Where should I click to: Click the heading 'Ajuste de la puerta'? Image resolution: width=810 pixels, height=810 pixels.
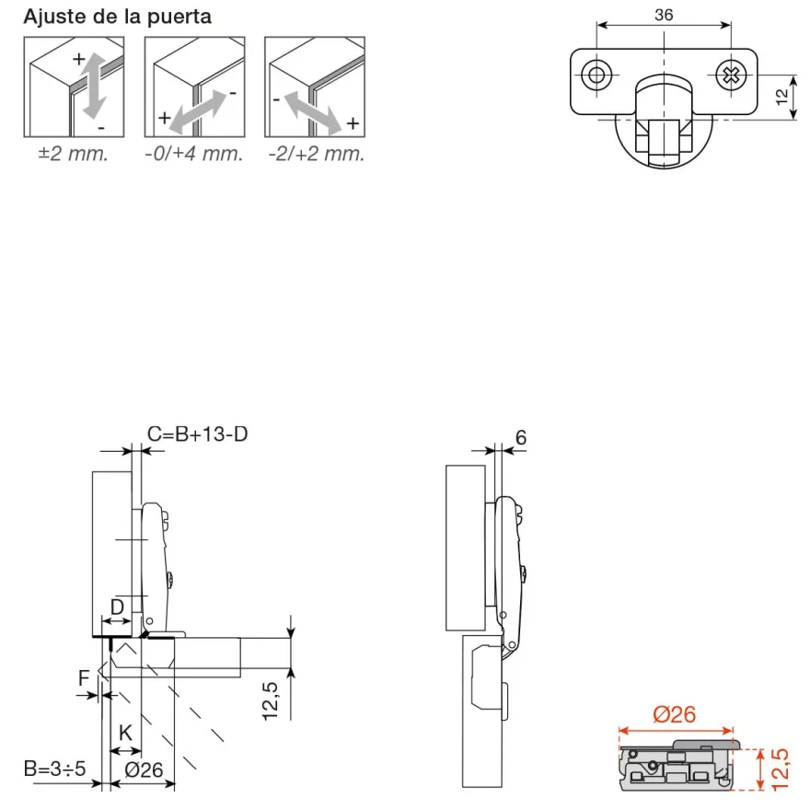[x=117, y=17]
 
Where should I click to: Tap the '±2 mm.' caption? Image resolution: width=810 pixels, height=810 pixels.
[x=74, y=154]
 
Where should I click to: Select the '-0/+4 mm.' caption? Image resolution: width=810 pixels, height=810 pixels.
[x=194, y=154]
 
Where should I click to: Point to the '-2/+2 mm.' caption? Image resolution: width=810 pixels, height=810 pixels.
[x=317, y=154]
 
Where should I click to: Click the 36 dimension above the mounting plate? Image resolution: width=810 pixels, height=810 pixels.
[x=664, y=15]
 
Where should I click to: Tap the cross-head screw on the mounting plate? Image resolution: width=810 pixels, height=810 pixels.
[x=731, y=75]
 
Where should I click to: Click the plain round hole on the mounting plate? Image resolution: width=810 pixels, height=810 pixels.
[x=596, y=75]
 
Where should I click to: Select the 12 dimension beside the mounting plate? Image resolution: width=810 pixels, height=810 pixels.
[x=782, y=97]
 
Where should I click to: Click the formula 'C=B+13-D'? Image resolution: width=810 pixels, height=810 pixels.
[x=197, y=434]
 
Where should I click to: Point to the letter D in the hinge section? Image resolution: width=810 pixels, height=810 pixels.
[x=118, y=606]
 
